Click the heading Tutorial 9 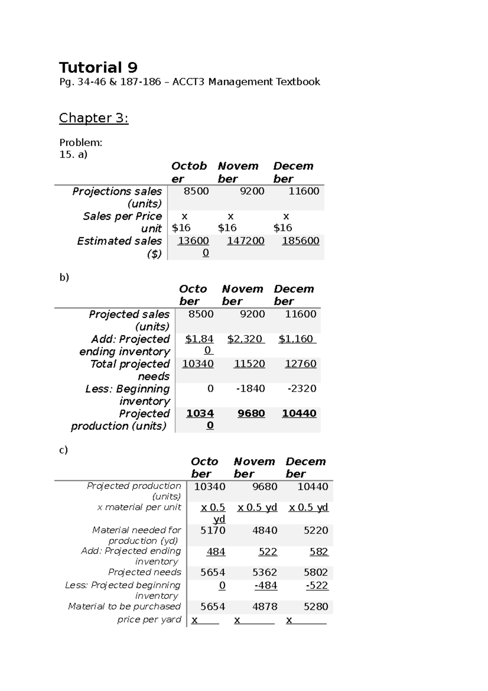point(98,67)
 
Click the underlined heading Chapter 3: point(94,118)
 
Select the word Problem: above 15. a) point(81,143)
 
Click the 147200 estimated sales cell point(245,241)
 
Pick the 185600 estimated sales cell point(301,241)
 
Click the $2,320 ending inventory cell point(245,339)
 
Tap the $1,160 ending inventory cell point(296,339)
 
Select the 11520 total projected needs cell point(249,364)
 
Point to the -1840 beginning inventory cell point(251,389)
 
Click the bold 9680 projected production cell point(251,413)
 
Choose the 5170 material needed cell point(213,530)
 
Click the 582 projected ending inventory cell point(318,552)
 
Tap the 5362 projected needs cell point(264,573)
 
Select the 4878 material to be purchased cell point(264,607)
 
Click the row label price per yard point(149,619)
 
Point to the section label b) point(64,278)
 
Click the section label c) point(63,450)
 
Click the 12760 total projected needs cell point(300,364)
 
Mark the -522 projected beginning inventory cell point(317,586)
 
